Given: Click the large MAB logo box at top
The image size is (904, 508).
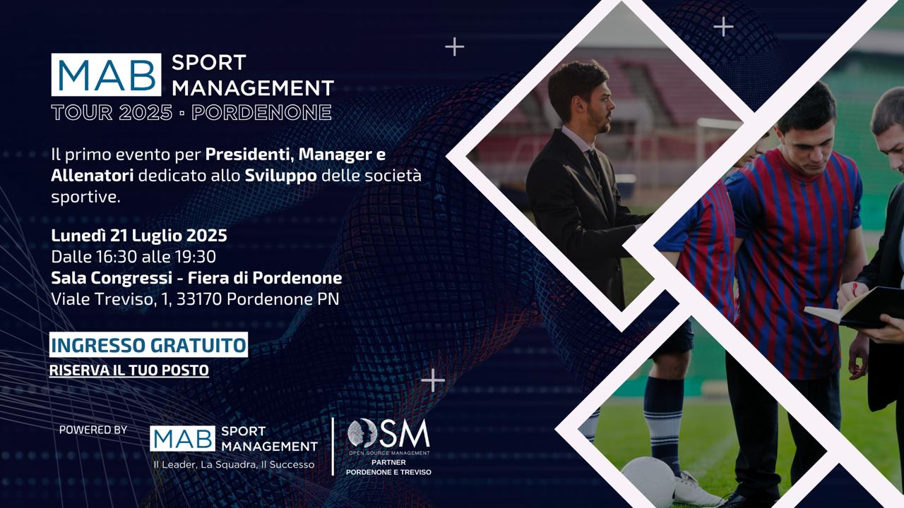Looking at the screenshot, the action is (x=106, y=75).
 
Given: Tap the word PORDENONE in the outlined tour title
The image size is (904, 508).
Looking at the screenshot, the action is (x=261, y=112).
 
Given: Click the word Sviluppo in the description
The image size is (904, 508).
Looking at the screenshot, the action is (x=281, y=176).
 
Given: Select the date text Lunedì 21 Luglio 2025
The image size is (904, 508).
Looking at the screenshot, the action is (x=139, y=236).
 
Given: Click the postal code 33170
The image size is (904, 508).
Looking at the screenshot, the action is (x=199, y=299).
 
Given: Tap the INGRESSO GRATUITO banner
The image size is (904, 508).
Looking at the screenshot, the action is (x=148, y=345).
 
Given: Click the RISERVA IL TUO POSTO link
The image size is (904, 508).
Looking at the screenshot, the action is (x=129, y=370).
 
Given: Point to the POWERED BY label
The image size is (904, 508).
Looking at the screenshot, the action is (x=93, y=430).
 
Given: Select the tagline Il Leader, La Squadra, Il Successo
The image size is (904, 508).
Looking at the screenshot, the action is (x=234, y=464).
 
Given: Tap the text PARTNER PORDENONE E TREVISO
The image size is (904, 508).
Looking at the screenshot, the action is (x=388, y=467).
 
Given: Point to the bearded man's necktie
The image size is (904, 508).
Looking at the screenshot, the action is (x=594, y=163).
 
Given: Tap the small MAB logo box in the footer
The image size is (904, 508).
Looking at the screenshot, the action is (x=182, y=439).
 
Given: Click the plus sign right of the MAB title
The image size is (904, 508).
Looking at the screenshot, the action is (x=454, y=47).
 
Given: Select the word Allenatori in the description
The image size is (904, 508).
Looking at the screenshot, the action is (x=93, y=176).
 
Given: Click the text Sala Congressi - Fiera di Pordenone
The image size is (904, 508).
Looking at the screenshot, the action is (x=196, y=278).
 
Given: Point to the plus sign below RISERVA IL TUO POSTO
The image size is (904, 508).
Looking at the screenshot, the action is (x=433, y=380).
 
